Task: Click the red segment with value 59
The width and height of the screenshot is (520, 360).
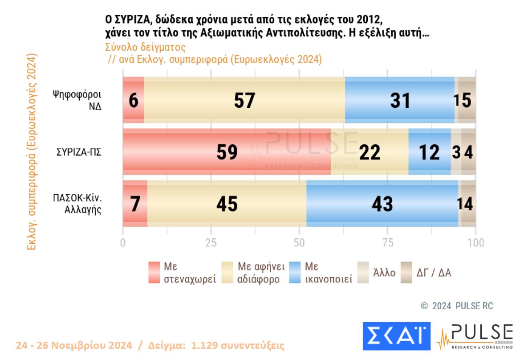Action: tap(227, 152)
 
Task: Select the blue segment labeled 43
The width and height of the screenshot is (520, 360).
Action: tap(382, 204)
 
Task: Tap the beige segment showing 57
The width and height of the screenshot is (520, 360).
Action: tap(244, 100)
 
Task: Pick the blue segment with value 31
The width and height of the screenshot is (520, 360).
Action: tap(399, 100)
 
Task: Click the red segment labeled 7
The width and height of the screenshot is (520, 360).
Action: tap(135, 204)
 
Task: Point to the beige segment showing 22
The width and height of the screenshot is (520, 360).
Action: tap(370, 152)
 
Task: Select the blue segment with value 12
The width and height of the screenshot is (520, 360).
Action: tap(429, 152)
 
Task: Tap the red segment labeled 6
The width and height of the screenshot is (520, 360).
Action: tap(134, 100)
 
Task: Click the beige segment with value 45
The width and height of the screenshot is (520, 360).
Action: tap(227, 204)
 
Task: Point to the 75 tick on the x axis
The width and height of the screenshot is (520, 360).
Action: tap(388, 243)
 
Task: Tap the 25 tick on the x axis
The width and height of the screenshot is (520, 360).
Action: tap(211, 243)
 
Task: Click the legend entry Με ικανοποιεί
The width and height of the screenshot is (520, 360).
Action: tap(321, 273)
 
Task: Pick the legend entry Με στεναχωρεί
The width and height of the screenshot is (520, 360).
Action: tap(183, 273)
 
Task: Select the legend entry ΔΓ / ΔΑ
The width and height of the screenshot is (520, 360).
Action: tap(426, 273)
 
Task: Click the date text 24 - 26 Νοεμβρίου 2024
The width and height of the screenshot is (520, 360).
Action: tap(74, 345)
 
